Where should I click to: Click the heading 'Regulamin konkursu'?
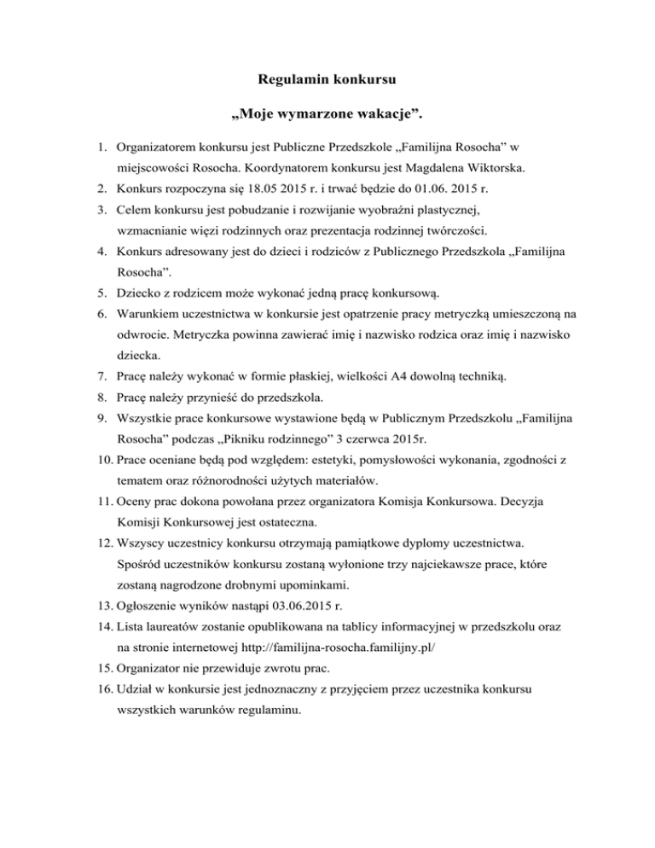(327, 82)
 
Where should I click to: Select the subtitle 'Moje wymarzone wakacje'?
(327, 114)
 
